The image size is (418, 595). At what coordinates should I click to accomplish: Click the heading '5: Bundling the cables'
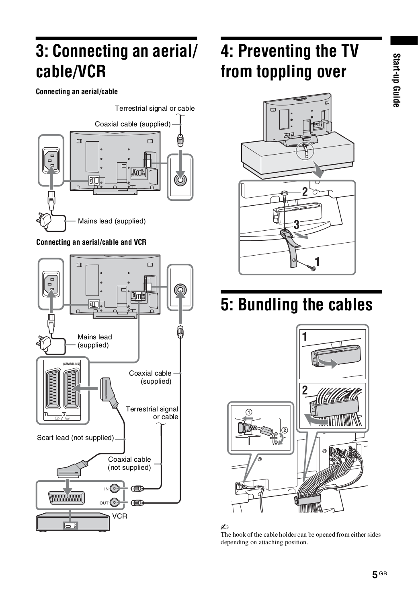pos(297,305)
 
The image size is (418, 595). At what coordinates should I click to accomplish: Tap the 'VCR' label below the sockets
pos(119,516)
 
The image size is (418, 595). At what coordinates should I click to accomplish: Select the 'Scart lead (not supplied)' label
pos(76,438)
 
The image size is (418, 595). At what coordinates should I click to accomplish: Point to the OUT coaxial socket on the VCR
pos(115,502)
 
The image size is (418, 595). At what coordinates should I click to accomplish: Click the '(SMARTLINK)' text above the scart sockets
pos(72,364)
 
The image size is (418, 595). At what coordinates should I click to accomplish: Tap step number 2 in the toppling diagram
pos(305,192)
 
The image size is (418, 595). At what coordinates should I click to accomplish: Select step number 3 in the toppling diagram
pos(297,225)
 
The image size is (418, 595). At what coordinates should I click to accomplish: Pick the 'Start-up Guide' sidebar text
pos(396,80)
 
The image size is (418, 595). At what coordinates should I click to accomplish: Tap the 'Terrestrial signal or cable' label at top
pos(155,108)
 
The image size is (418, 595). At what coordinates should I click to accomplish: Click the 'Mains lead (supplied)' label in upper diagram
pos(112,221)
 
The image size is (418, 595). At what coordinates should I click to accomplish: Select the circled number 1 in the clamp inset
pos(249,411)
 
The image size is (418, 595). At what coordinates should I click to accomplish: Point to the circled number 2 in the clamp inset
pos(285,430)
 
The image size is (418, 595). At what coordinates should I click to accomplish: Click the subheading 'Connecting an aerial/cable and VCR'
pos(91,242)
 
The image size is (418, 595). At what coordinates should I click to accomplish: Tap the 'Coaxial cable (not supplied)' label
pos(129,463)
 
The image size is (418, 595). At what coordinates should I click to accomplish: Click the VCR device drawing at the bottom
pos(72,522)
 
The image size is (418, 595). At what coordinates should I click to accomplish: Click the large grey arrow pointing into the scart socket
pos(86,388)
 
